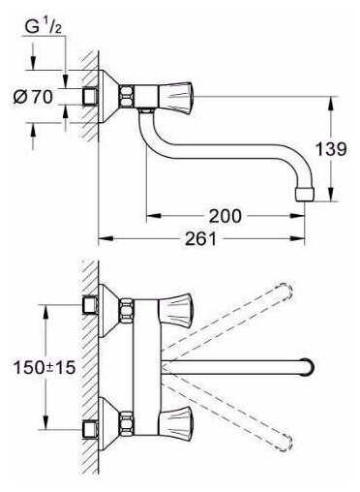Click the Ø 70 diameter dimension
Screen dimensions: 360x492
click(33, 97)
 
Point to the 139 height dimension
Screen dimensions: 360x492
click(331, 149)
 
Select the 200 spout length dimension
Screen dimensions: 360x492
click(225, 216)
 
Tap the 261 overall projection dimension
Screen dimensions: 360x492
click(200, 239)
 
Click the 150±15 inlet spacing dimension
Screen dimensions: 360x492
click(45, 367)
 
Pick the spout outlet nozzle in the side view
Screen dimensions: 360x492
click(305, 195)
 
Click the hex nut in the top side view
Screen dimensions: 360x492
click(127, 97)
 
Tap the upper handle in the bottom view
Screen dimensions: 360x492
click(175, 311)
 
